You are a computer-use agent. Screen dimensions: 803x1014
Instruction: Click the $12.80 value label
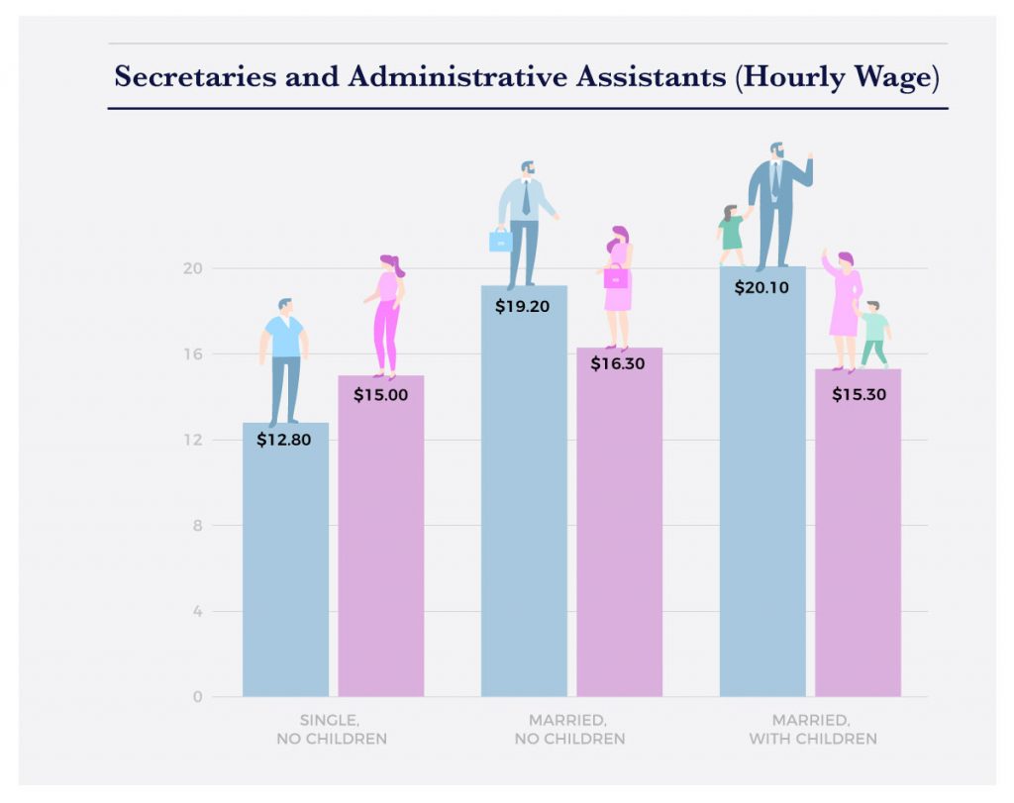(284, 441)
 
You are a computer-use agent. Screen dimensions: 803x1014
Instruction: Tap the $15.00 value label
(380, 394)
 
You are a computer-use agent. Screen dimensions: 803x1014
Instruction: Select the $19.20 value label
(522, 306)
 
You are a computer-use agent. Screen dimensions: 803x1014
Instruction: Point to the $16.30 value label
(618, 363)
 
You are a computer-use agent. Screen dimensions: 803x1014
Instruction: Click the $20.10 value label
(761, 288)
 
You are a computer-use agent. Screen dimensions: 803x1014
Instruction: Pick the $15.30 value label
(858, 394)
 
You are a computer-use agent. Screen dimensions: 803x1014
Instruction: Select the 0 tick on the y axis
(197, 696)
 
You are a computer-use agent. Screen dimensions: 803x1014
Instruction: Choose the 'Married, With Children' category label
(811, 730)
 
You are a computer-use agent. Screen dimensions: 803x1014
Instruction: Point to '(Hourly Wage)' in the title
(837, 77)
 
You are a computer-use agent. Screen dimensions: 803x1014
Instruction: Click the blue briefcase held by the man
(501, 241)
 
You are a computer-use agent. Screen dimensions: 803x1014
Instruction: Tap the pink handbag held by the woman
(616, 277)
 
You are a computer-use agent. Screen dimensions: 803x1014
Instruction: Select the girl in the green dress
(731, 235)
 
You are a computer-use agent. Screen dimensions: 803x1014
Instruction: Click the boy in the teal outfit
(873, 334)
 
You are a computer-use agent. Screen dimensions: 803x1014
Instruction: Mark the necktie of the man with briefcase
(526, 199)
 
